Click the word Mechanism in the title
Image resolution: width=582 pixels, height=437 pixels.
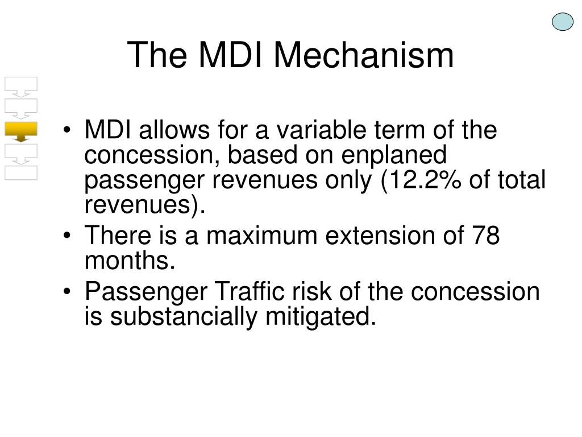[364, 55]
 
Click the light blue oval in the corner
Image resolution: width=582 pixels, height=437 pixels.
[562, 22]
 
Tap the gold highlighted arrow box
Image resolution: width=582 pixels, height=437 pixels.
[21, 131]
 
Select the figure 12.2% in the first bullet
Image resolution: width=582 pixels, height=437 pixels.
[422, 180]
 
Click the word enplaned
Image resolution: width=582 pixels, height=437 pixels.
[394, 155]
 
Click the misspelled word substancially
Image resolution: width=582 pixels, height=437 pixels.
[184, 316]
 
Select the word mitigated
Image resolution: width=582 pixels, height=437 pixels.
[321, 316]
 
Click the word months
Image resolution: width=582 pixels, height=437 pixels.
[130, 260]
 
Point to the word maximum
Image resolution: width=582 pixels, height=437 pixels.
[261, 236]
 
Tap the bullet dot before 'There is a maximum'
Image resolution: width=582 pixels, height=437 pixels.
[67, 236]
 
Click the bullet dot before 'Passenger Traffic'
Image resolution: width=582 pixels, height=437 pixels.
[67, 291]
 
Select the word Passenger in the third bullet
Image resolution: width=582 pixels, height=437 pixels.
[146, 292]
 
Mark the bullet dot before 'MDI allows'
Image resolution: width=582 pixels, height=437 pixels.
[67, 130]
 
